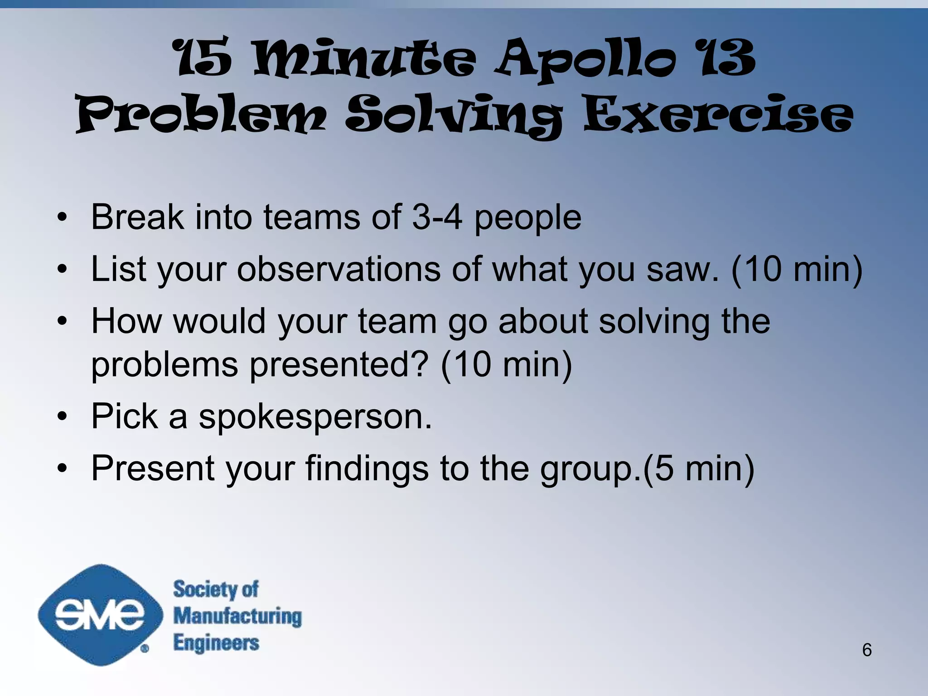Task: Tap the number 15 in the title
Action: [203, 59]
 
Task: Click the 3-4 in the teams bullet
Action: [437, 217]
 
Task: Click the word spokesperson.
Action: [315, 416]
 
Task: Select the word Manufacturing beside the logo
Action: [237, 616]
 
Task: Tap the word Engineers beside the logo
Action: [216, 643]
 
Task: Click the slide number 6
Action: [866, 650]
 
